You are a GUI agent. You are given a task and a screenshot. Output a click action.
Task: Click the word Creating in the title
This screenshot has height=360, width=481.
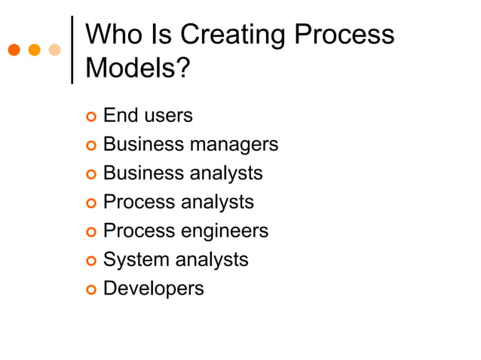[x=232, y=35]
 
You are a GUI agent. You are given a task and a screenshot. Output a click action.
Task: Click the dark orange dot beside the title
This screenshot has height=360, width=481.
[x=14, y=50]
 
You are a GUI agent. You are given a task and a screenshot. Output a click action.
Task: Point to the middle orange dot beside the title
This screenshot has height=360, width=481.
[x=34, y=50]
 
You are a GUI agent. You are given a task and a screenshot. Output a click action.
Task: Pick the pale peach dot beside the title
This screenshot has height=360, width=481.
[x=54, y=50]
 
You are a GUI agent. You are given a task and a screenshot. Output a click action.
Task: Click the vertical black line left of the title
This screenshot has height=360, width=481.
[x=72, y=49]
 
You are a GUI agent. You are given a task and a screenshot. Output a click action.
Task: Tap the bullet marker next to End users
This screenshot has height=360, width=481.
[x=90, y=117]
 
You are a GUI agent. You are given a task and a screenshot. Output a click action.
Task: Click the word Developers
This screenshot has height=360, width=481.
[x=153, y=288]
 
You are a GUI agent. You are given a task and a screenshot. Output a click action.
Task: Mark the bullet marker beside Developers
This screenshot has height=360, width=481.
[x=90, y=290]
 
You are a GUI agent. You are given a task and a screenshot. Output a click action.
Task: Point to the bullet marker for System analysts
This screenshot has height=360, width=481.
[x=90, y=261]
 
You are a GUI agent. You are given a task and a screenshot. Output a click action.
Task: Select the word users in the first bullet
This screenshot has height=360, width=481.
[x=168, y=116]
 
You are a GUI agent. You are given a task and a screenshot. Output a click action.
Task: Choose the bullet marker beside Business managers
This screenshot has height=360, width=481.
[x=90, y=145]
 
